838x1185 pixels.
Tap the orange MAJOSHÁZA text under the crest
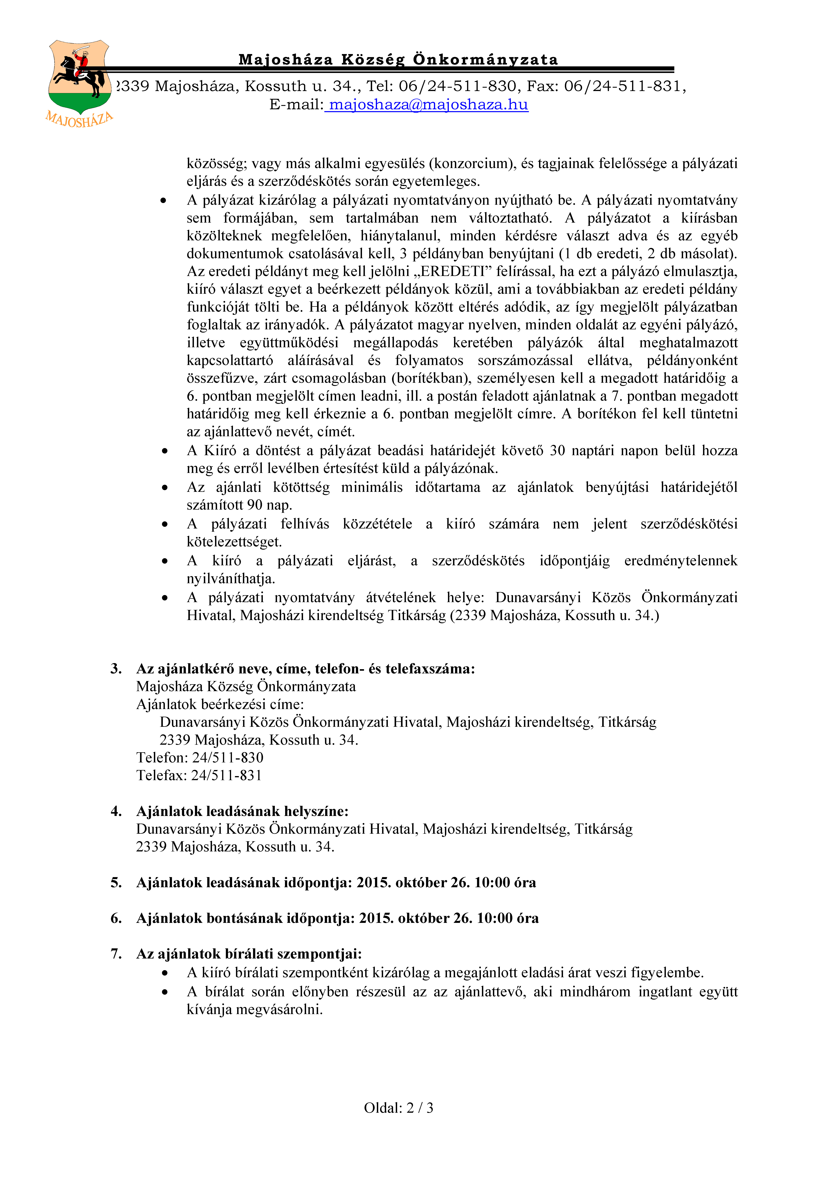click(79, 120)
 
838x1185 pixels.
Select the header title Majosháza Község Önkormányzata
click(398, 60)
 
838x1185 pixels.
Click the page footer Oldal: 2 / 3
click(398, 1108)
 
